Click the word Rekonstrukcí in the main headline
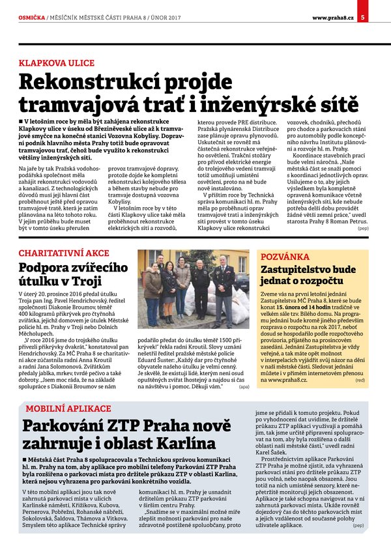(89, 83)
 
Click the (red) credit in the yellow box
(360, 380)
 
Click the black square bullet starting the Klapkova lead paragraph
(22, 122)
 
